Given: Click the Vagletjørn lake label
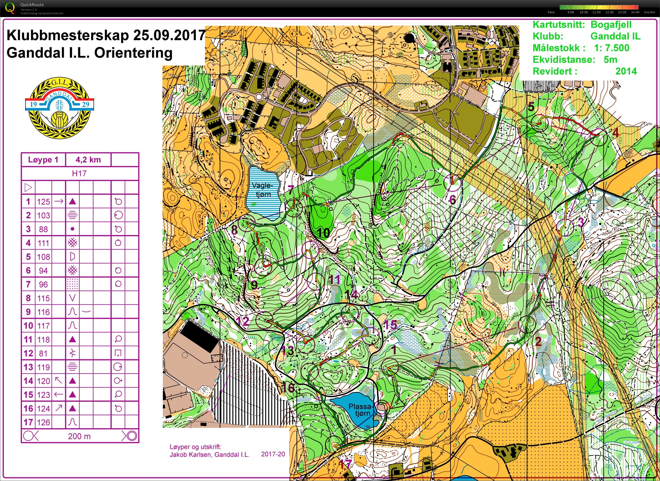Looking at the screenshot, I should (x=263, y=190).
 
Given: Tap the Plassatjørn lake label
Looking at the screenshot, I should (x=361, y=410).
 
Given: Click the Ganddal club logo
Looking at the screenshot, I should (x=60, y=108).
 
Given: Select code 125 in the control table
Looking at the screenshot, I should (x=43, y=202).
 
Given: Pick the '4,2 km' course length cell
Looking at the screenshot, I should (x=88, y=160).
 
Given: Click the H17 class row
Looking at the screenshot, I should (x=79, y=173).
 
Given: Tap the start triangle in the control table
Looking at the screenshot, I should (x=28, y=188).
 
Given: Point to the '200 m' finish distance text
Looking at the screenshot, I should (x=79, y=436).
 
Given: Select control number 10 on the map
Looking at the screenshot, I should (x=323, y=233).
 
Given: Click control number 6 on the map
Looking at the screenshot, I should (x=453, y=200).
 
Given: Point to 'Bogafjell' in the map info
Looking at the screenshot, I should (x=611, y=25).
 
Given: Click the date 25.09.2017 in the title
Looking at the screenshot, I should (x=169, y=35).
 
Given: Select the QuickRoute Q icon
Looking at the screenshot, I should (x=10, y=8).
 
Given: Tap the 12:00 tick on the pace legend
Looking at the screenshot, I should (x=609, y=12).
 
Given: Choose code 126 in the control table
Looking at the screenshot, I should (x=43, y=422).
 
